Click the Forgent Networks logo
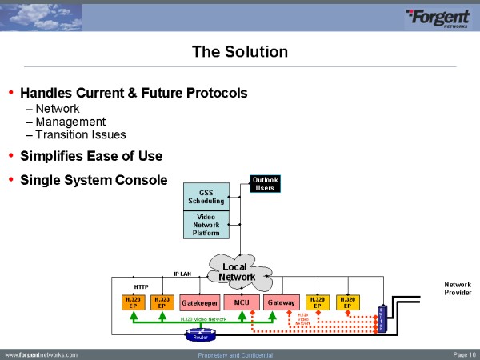pos(437,18)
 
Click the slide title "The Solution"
pos(240,52)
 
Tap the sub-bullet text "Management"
pos(70,122)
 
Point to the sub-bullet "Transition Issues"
pos(81,134)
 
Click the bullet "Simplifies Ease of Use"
pos(91,155)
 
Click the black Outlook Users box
pos(266,184)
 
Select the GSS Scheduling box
pos(206,196)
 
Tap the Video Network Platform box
pos(206,225)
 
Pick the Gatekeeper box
pos(199,303)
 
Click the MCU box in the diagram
pos(242,303)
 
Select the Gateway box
pos(282,303)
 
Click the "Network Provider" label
pos(458,289)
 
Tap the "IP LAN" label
pos(182,274)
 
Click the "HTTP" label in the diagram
pos(141,286)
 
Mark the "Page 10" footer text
pos(464,354)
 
